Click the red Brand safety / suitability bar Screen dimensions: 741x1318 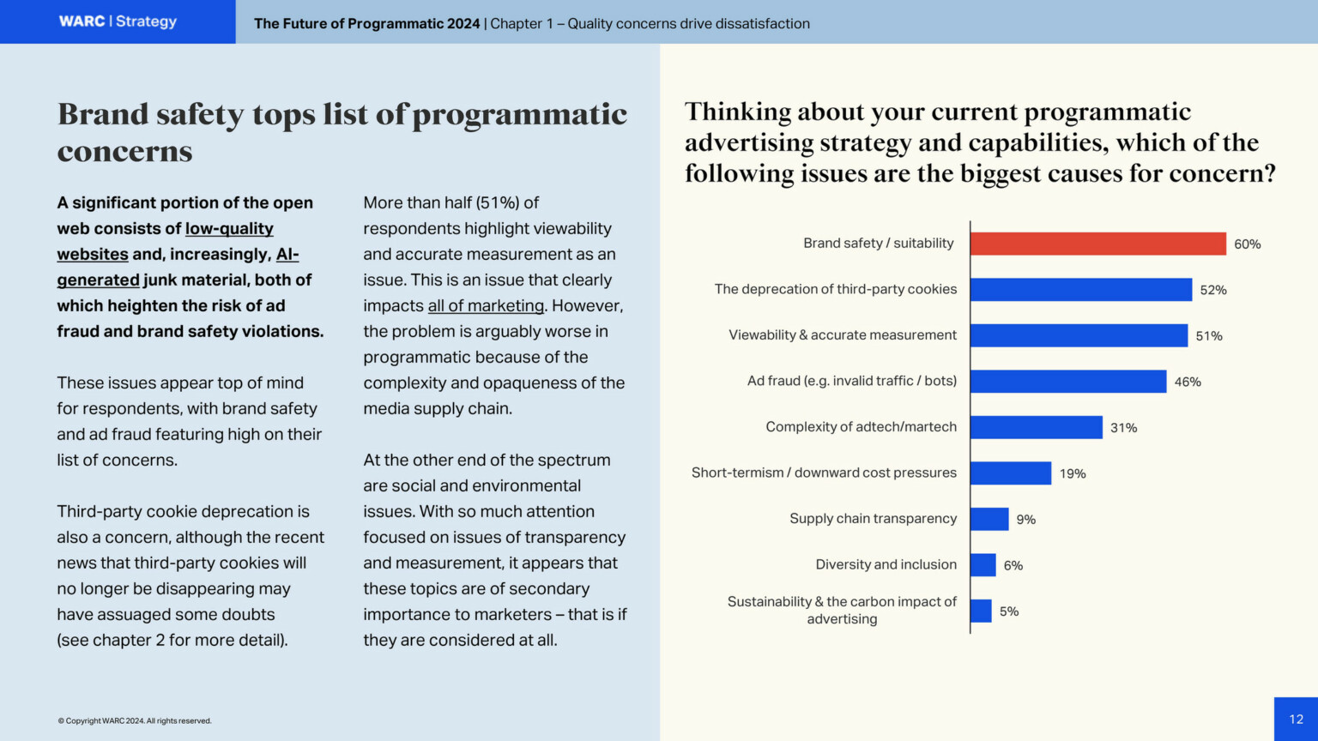coord(1097,244)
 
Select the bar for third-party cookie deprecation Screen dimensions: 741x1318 coord(1080,290)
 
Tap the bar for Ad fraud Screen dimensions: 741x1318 coord(1067,382)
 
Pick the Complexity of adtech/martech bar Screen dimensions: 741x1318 coord(1036,427)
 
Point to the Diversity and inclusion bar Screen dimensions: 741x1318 coord(982,565)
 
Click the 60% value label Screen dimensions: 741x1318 coord(1247,244)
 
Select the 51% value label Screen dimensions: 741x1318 coord(1208,336)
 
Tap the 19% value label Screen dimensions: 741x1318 coord(1072,473)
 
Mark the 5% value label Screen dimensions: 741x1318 coord(1008,611)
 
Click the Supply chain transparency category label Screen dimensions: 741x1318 coord(873,519)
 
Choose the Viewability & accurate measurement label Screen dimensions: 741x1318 coord(842,335)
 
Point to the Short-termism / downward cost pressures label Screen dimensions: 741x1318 coord(824,473)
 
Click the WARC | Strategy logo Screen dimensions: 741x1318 coord(118,21)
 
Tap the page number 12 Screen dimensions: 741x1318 coord(1296,720)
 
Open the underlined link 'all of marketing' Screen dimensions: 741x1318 coord(486,306)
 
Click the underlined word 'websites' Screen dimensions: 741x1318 coord(93,255)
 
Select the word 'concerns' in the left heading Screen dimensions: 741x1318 coord(124,152)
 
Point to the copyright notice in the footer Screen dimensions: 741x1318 coord(134,721)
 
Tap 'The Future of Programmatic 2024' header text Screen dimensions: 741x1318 coord(366,24)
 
